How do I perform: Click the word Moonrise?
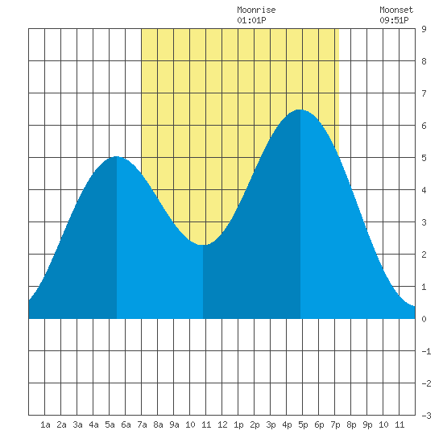(256, 10)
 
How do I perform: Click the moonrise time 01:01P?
(251, 20)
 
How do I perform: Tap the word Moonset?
(396, 10)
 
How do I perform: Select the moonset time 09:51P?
(394, 20)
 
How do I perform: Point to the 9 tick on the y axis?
(424, 29)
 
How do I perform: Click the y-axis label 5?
(424, 158)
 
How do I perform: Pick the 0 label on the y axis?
(424, 319)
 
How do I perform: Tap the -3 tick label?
(426, 416)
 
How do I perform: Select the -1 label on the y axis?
(426, 351)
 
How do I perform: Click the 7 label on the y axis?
(424, 93)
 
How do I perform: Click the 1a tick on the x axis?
(45, 424)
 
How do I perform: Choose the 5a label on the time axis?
(110, 424)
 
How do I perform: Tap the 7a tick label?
(142, 424)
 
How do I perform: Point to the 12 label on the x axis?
(222, 424)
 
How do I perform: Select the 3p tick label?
(271, 424)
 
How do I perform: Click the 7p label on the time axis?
(335, 424)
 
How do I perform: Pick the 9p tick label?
(367, 424)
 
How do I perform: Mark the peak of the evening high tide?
(300, 110)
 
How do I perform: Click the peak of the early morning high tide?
(117, 156)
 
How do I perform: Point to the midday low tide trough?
(202, 245)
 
